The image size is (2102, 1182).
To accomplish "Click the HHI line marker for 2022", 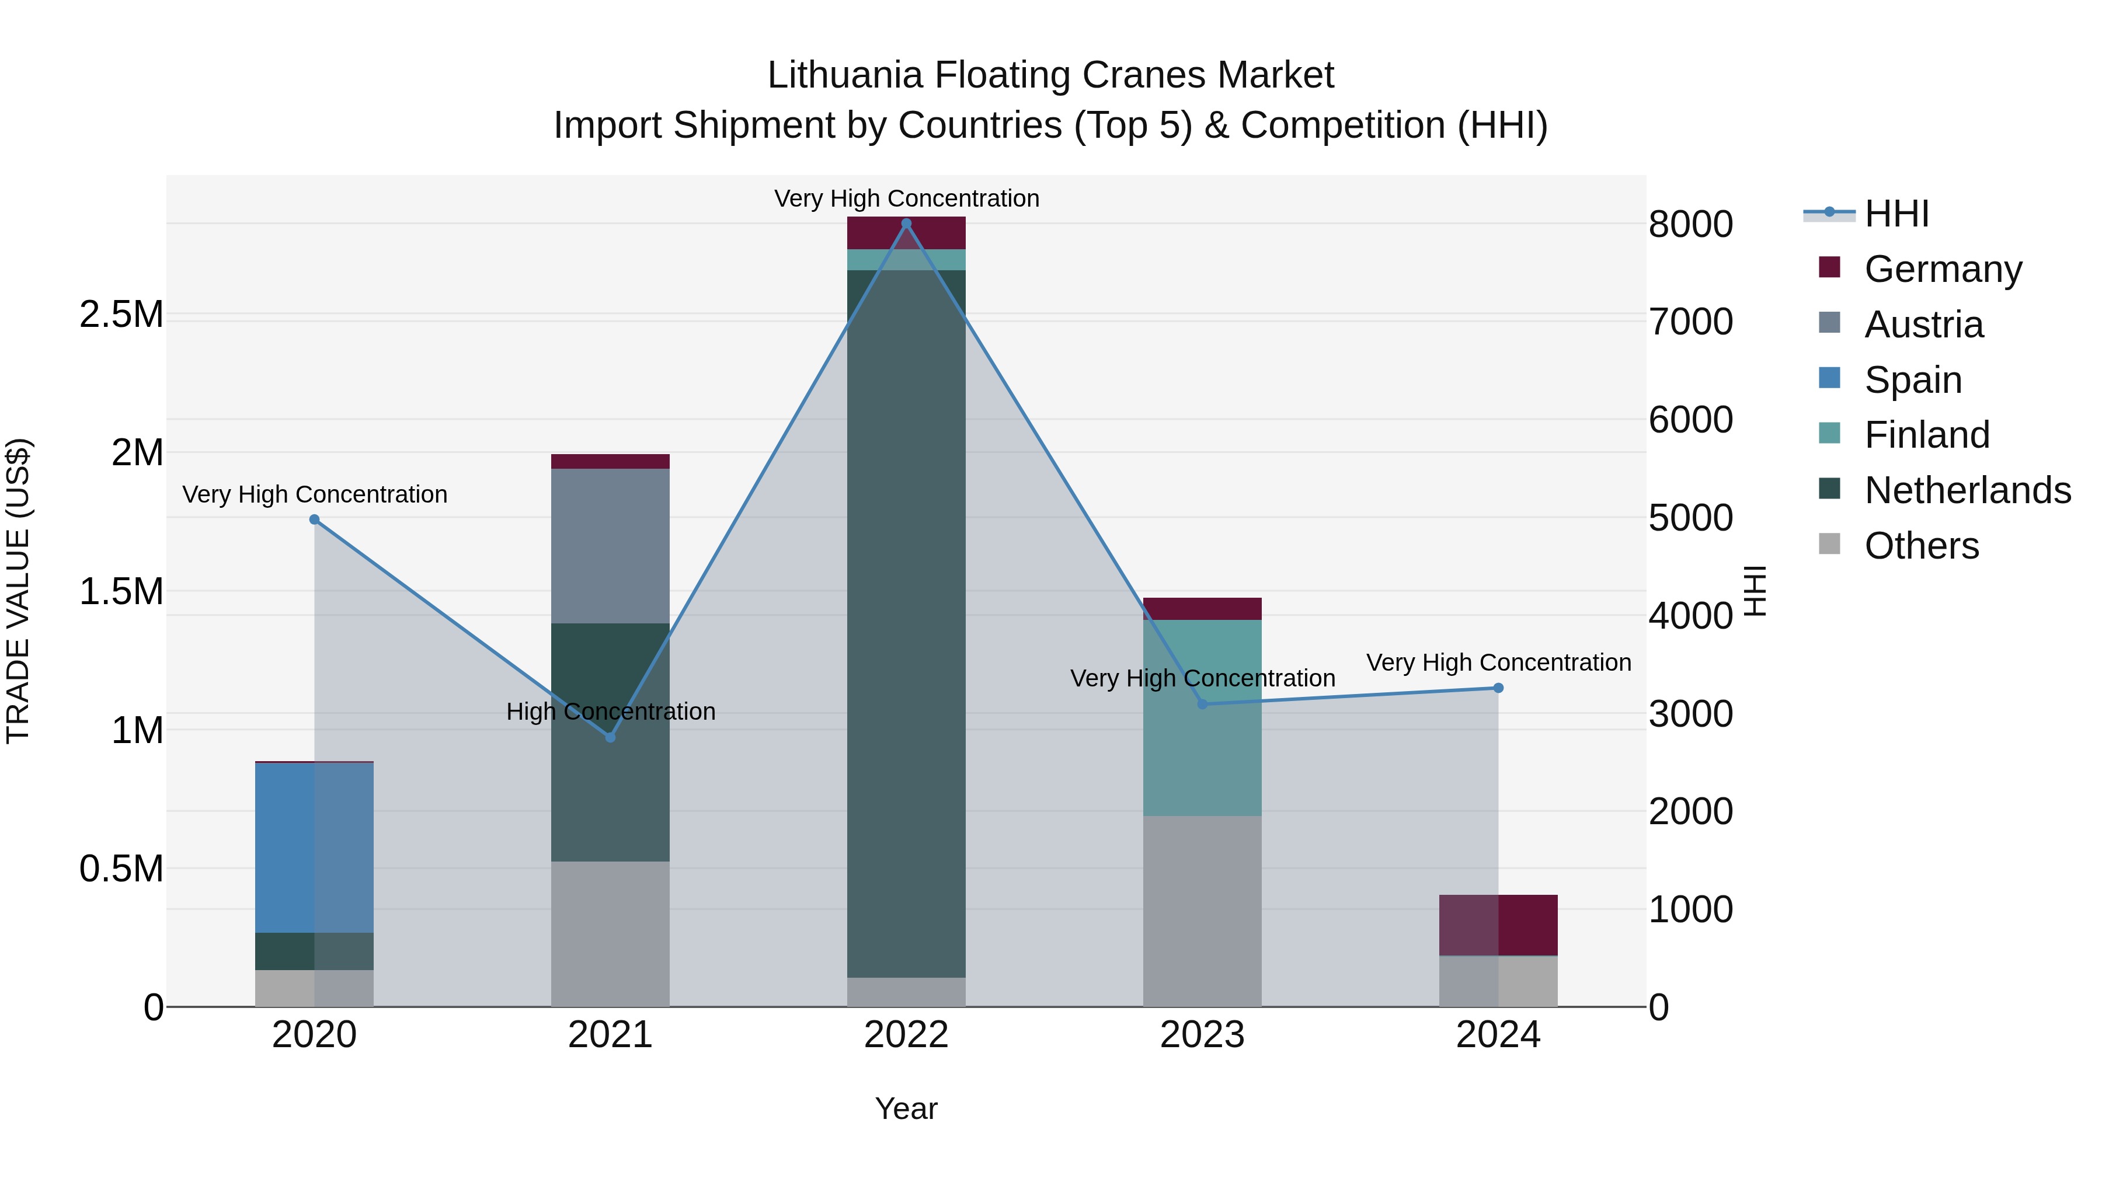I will tap(906, 224).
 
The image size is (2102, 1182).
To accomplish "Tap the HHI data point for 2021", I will tap(610, 737).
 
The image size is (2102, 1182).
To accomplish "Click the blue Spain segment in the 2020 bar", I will tap(314, 848).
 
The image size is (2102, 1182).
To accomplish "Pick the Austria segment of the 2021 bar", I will tap(610, 546).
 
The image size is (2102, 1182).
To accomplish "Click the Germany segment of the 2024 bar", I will tap(1498, 925).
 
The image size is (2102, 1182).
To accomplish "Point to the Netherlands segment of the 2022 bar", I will tap(906, 620).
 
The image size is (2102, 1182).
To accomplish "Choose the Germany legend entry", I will tap(1942, 269).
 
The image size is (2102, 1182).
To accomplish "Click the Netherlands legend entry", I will tap(1967, 490).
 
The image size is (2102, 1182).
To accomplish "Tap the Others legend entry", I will tap(1921, 546).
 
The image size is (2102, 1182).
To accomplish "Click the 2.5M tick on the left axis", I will tap(121, 314).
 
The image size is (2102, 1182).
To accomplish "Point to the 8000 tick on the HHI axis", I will tap(1691, 224).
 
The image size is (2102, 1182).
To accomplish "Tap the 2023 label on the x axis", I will tap(1202, 1035).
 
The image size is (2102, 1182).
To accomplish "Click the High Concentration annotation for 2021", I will tap(610, 712).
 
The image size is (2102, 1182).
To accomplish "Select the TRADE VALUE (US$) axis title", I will tap(19, 591).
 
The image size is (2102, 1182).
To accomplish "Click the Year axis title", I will tap(906, 1108).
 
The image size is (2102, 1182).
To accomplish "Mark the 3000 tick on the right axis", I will tap(1691, 714).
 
